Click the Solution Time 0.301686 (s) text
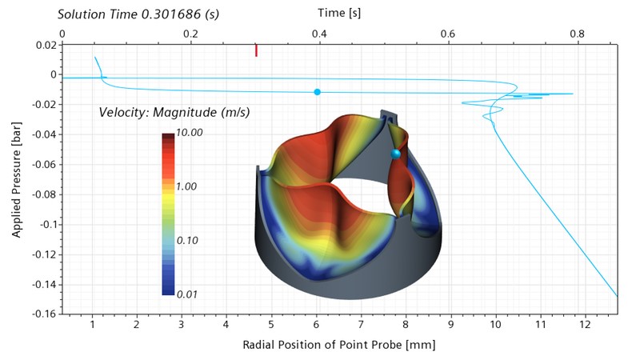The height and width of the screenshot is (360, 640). point(138,14)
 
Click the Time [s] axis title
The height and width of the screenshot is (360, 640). point(339,13)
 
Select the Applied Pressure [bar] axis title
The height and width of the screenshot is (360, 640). point(16,179)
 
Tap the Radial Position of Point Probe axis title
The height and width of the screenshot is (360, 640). point(339,345)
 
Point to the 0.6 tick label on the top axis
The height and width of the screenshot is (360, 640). point(448,34)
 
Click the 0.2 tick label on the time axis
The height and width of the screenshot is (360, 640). point(190,34)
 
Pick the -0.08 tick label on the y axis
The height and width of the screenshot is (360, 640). point(45,194)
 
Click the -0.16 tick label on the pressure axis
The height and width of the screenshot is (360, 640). point(45,314)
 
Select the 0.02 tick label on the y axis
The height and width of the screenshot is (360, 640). point(46,45)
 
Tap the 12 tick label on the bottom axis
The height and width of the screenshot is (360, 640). point(585,325)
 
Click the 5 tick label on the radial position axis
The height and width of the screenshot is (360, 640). point(271,325)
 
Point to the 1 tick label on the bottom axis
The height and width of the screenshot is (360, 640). point(92,325)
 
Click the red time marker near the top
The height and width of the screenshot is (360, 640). point(256,50)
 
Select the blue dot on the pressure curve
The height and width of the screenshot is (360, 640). point(317,92)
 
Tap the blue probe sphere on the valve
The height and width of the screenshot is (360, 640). point(395,154)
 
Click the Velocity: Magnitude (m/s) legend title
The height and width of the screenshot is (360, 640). point(174,112)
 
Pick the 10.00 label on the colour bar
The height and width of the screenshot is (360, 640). point(190,133)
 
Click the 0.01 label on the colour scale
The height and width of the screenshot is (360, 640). point(187,294)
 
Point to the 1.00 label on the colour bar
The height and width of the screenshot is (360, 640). point(186,186)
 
